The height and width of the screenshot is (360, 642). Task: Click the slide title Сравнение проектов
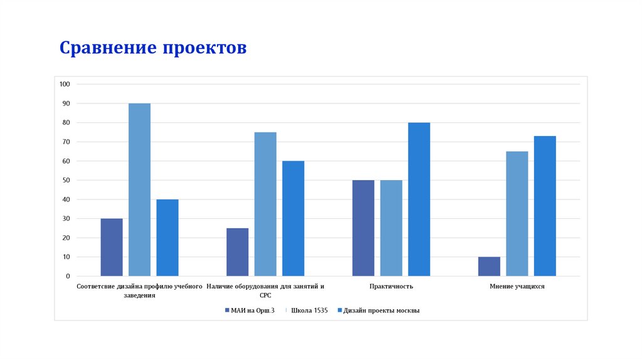153,48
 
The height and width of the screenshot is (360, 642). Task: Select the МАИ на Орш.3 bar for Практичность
363,228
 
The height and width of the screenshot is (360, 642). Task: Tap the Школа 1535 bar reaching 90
139,189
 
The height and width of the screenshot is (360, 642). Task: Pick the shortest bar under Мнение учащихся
489,267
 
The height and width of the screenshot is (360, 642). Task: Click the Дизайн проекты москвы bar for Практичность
419,199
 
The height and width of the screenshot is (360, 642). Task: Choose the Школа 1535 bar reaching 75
265,204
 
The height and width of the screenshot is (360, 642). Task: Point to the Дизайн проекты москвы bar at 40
167,238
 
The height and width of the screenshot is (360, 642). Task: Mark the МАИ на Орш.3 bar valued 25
237,252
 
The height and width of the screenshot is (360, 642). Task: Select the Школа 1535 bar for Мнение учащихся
517,214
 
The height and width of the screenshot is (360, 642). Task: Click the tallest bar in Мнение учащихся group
545,206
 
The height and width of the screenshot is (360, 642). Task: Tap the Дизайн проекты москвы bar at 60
293,218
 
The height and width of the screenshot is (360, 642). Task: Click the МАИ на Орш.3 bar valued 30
112,247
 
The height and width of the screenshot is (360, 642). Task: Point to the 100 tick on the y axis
65,84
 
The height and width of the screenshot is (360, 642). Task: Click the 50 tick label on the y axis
66,180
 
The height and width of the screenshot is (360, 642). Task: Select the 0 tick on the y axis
68,276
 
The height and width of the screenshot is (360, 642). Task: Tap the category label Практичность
391,286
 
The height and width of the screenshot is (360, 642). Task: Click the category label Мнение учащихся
517,286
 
